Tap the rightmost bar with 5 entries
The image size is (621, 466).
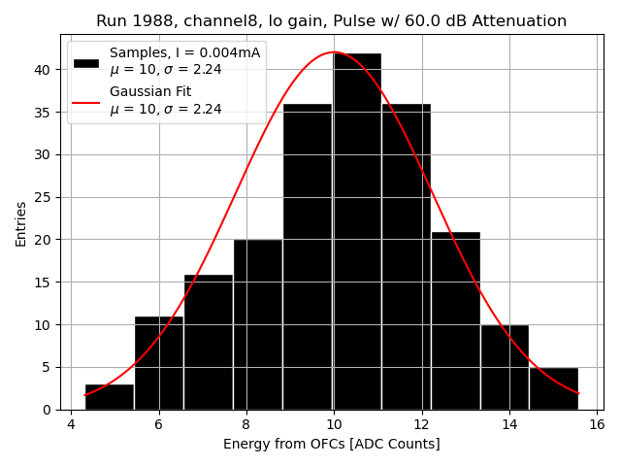click(x=553, y=388)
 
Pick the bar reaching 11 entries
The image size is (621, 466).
click(x=159, y=363)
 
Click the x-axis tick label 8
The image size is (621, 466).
click(x=245, y=424)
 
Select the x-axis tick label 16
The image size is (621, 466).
click(x=596, y=424)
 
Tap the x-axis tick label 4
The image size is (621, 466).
click(x=70, y=424)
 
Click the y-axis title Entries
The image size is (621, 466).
click(x=21, y=222)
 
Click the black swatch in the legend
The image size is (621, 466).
click(x=86, y=62)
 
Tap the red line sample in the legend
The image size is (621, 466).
click(x=86, y=101)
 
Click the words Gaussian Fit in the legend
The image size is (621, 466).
click(x=150, y=92)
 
